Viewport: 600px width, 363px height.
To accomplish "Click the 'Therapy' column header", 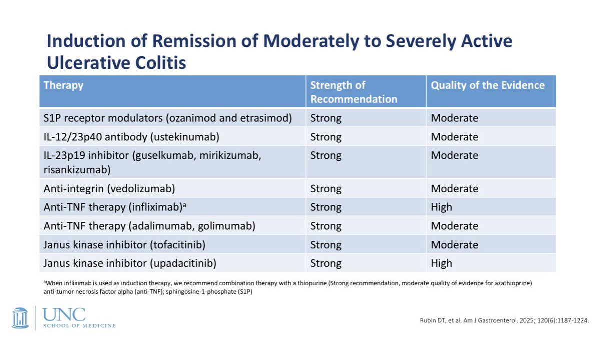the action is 63,85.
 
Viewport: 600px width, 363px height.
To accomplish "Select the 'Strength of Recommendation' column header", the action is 354,92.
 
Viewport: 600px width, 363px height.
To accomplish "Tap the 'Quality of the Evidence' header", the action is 488,85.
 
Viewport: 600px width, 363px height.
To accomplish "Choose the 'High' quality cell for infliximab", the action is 441,207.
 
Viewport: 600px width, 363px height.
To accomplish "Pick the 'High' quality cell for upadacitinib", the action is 441,263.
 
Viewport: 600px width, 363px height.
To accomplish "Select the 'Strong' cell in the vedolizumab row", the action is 326,189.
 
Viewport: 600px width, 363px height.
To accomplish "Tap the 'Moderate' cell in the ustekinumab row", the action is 454,137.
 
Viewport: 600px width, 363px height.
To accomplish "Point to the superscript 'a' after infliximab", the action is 184,205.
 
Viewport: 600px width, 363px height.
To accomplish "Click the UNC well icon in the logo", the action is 20,318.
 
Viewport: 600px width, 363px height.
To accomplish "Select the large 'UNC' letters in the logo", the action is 64,315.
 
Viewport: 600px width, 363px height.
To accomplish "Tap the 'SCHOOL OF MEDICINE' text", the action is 79,326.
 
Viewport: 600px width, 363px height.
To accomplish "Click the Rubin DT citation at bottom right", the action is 504,321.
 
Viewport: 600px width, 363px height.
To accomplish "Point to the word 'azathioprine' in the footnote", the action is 513,283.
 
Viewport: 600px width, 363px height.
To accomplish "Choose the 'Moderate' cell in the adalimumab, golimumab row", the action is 454,226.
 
